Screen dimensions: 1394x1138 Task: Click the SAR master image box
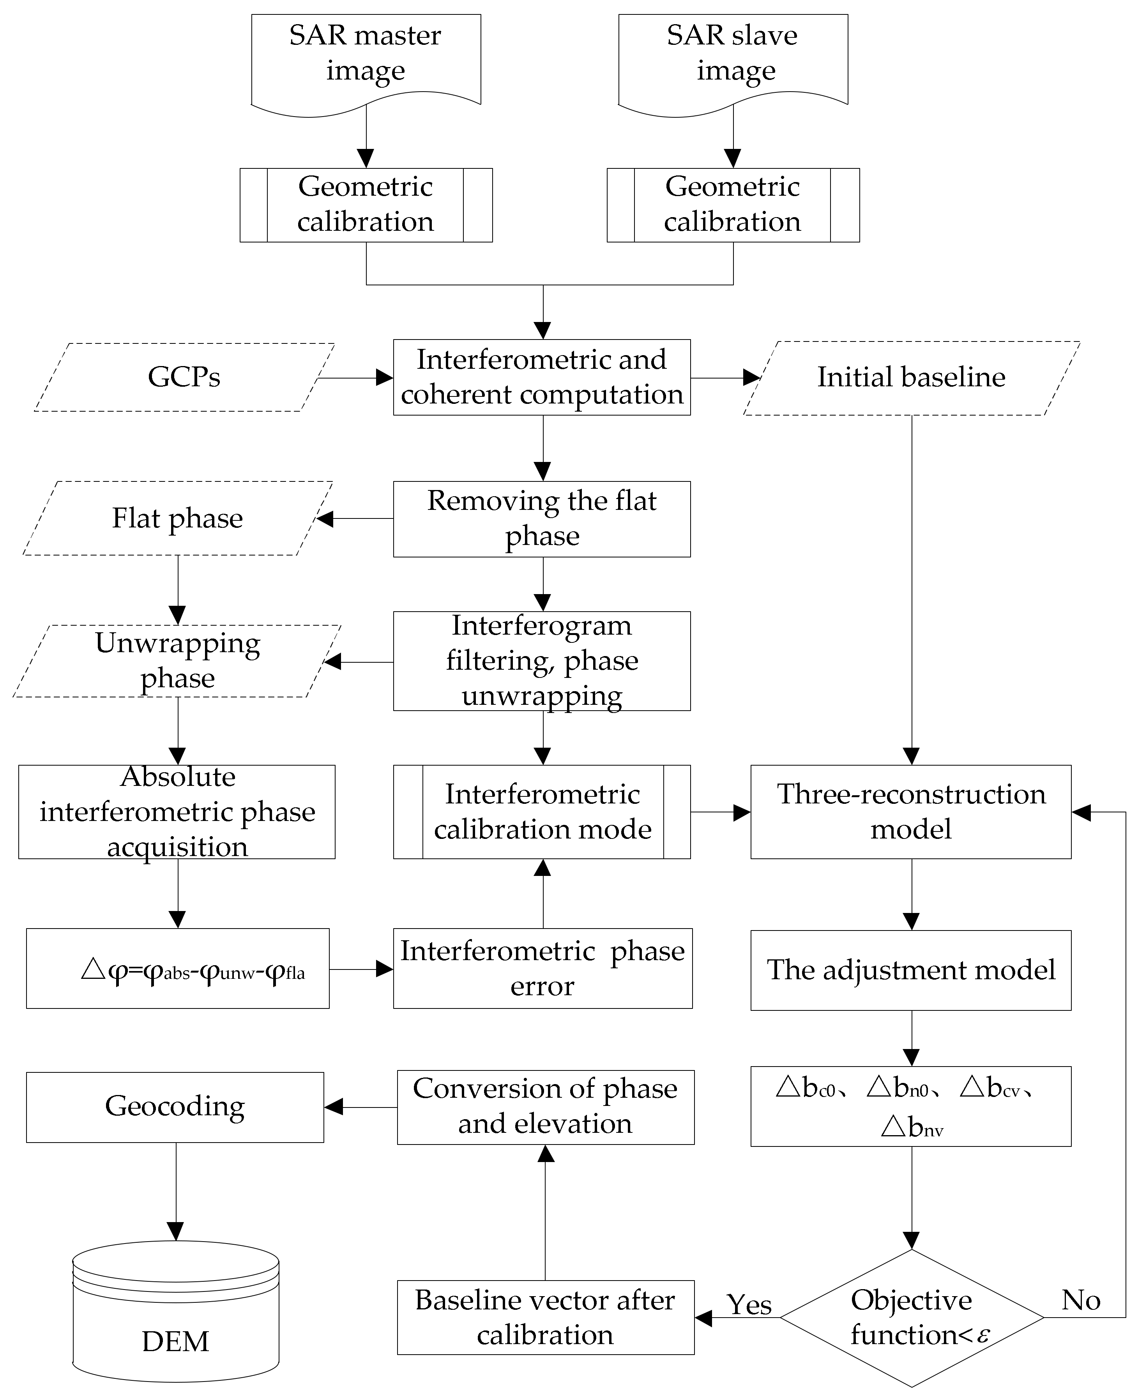(366, 59)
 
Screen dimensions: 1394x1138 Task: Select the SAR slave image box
(733, 59)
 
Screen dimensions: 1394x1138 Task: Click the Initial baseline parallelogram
(911, 378)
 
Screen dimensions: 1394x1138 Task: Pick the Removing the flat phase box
(542, 518)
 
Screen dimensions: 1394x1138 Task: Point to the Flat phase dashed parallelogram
(178, 518)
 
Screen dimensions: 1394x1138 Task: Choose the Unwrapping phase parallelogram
(178, 660)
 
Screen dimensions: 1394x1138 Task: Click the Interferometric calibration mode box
(542, 812)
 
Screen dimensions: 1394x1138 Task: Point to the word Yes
(749, 1305)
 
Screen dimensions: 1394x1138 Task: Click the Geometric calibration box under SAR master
(366, 205)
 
